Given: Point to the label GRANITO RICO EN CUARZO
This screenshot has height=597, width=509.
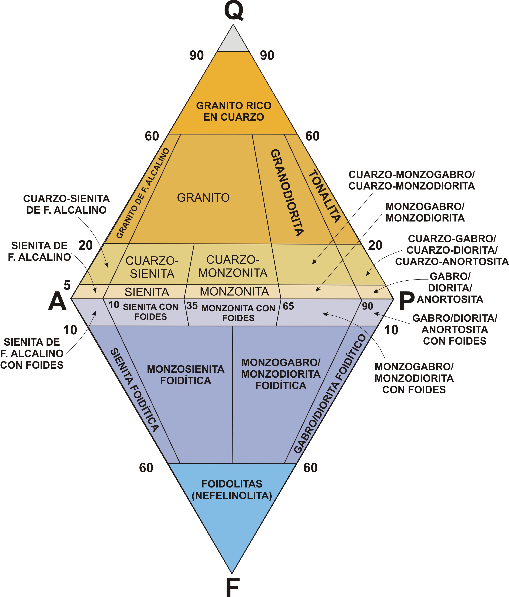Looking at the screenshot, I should (233, 111).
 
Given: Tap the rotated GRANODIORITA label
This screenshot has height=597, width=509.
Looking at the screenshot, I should (287, 192).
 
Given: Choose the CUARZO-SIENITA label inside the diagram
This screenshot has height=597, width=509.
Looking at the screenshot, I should (152, 267).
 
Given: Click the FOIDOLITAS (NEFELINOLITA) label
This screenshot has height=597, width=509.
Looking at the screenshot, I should (232, 490).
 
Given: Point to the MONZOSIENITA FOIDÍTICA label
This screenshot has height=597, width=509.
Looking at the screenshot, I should (186, 375).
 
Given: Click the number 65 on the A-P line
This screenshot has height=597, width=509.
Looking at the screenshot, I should (288, 306).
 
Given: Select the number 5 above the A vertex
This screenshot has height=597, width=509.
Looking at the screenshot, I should (67, 285).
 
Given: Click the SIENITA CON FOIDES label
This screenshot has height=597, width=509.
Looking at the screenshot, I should (151, 312).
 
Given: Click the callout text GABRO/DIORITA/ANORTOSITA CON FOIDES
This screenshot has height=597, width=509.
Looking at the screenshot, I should (455, 330).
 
